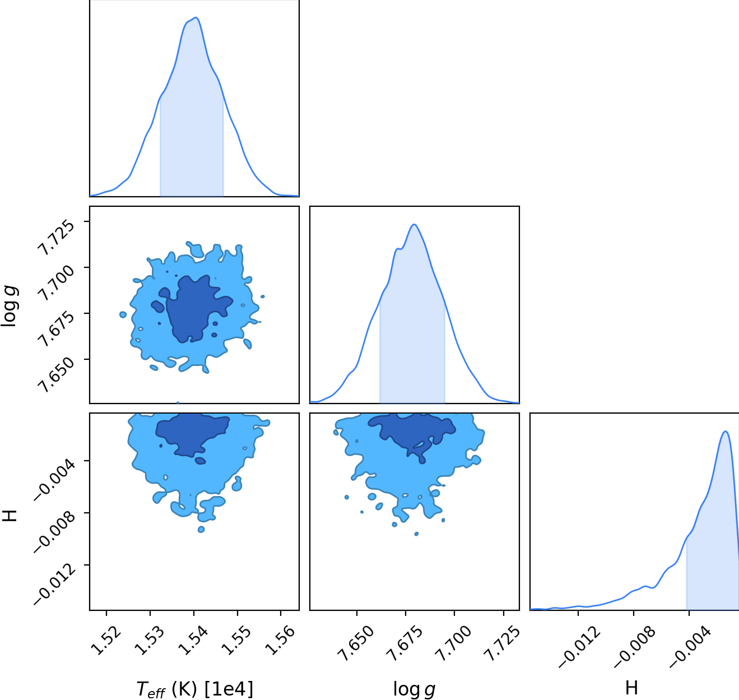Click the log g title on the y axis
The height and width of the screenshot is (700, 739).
[9, 306]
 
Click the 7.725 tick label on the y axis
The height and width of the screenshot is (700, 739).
[57, 238]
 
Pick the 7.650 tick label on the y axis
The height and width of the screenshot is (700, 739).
[57, 376]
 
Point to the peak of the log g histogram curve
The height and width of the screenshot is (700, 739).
[414, 225]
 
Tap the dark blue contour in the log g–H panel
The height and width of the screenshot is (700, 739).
[412, 430]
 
